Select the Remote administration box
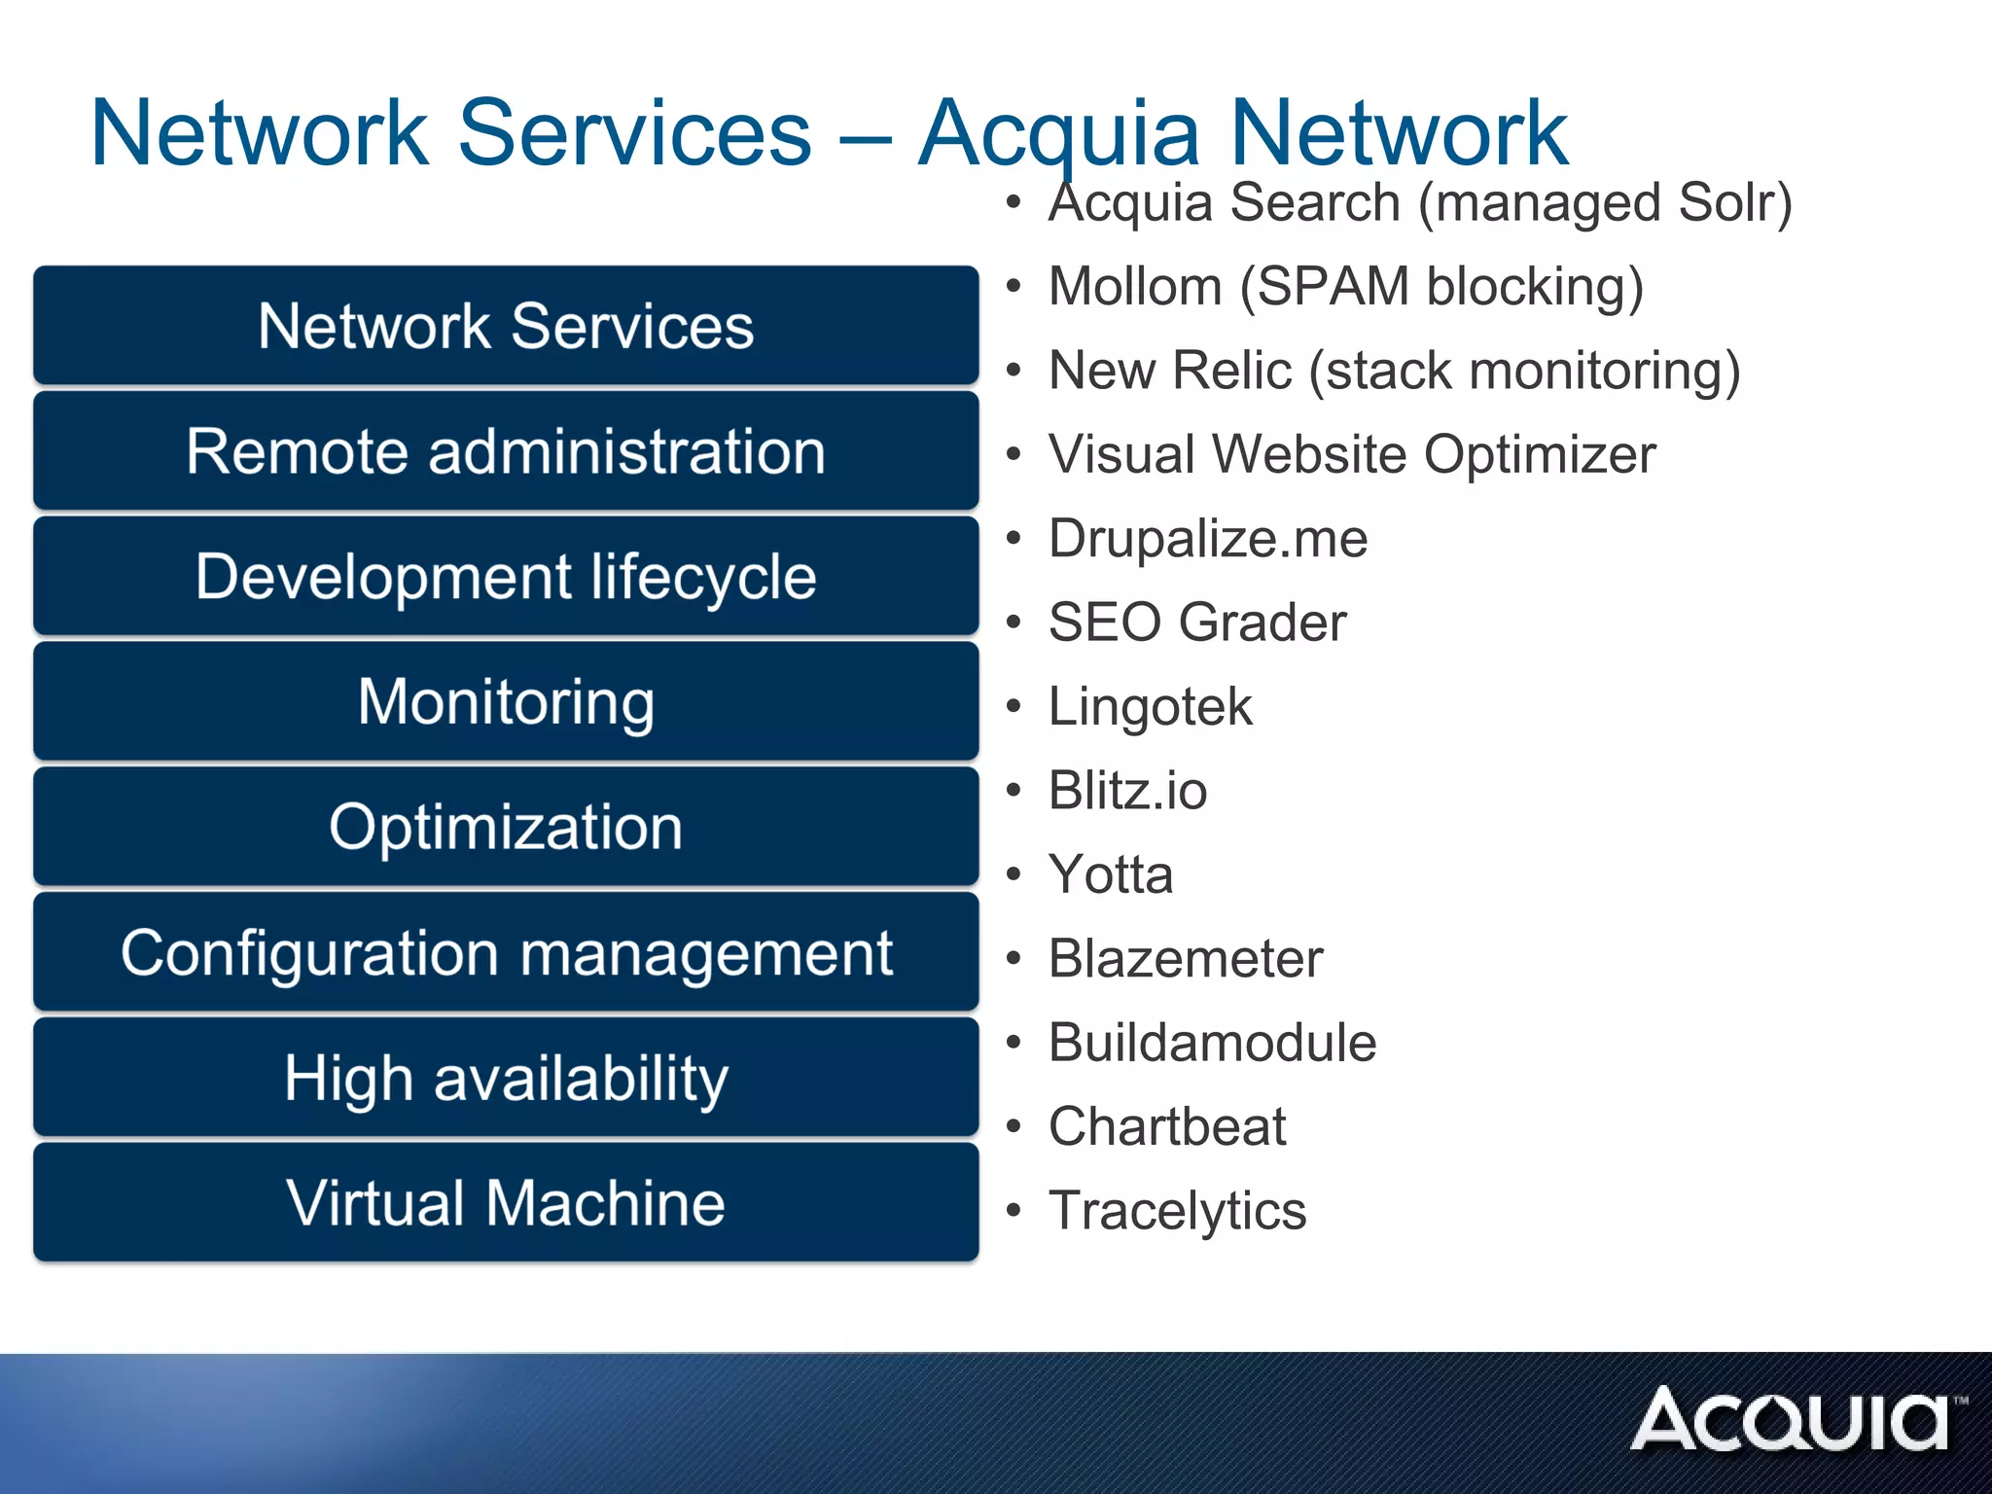[x=506, y=451]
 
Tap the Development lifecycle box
[x=506, y=577]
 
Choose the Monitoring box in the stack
[x=506, y=701]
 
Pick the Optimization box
[x=506, y=827]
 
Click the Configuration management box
[x=506, y=952]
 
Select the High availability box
[x=506, y=1078]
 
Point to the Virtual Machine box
[x=506, y=1203]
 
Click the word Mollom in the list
[x=1134, y=287]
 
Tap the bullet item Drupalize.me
[x=1207, y=539]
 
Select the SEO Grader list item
[x=1196, y=622]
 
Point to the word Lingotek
[x=1150, y=707]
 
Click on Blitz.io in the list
[x=1127, y=791]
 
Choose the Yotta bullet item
[x=1110, y=874]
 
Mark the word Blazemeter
[x=1185, y=959]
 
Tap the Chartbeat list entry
[x=1166, y=1127]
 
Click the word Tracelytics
[x=1177, y=1211]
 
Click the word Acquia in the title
[x=1058, y=133]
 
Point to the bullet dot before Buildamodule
[x=1014, y=1043]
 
